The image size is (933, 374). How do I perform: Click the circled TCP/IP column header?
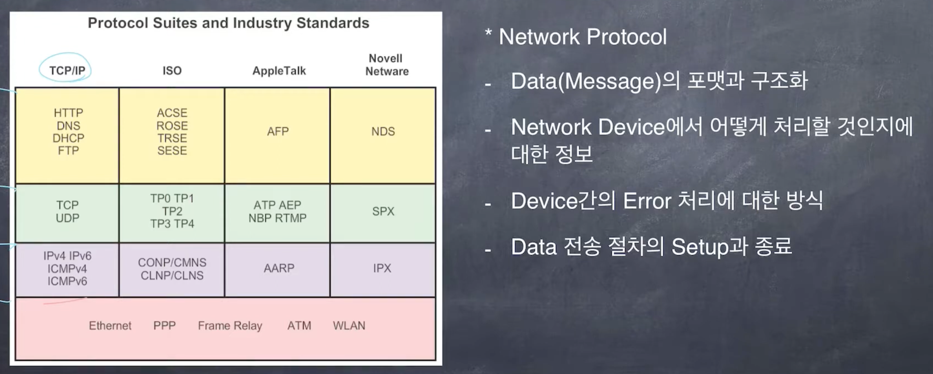click(67, 70)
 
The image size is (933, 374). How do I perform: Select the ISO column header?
click(172, 70)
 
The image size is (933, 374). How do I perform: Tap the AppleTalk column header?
click(279, 71)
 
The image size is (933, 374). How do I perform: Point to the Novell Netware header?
click(386, 65)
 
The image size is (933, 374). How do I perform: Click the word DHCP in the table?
click(68, 138)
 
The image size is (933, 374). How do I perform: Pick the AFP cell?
click(278, 131)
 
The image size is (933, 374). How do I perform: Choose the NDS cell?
click(383, 131)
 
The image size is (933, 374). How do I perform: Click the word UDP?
click(67, 218)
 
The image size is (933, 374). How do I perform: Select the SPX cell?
click(383, 211)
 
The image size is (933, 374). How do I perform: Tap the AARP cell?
click(279, 268)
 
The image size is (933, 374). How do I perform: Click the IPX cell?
click(382, 268)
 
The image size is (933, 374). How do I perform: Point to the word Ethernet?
click(110, 325)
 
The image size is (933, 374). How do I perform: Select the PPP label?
click(164, 325)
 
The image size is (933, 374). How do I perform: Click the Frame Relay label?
click(230, 325)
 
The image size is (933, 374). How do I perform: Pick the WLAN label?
click(349, 325)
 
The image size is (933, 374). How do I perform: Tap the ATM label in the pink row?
click(299, 325)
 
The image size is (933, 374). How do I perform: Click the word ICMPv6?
click(67, 281)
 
